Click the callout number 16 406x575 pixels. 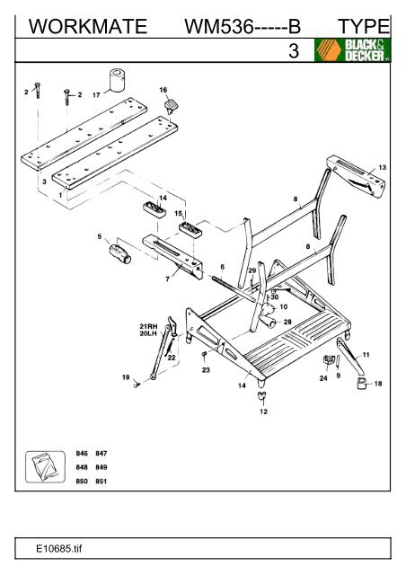click(163, 91)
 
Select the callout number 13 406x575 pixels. click(384, 167)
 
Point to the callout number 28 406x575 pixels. click(287, 321)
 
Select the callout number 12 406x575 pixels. click(263, 411)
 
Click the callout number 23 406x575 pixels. click(207, 369)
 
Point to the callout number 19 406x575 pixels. click(125, 378)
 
